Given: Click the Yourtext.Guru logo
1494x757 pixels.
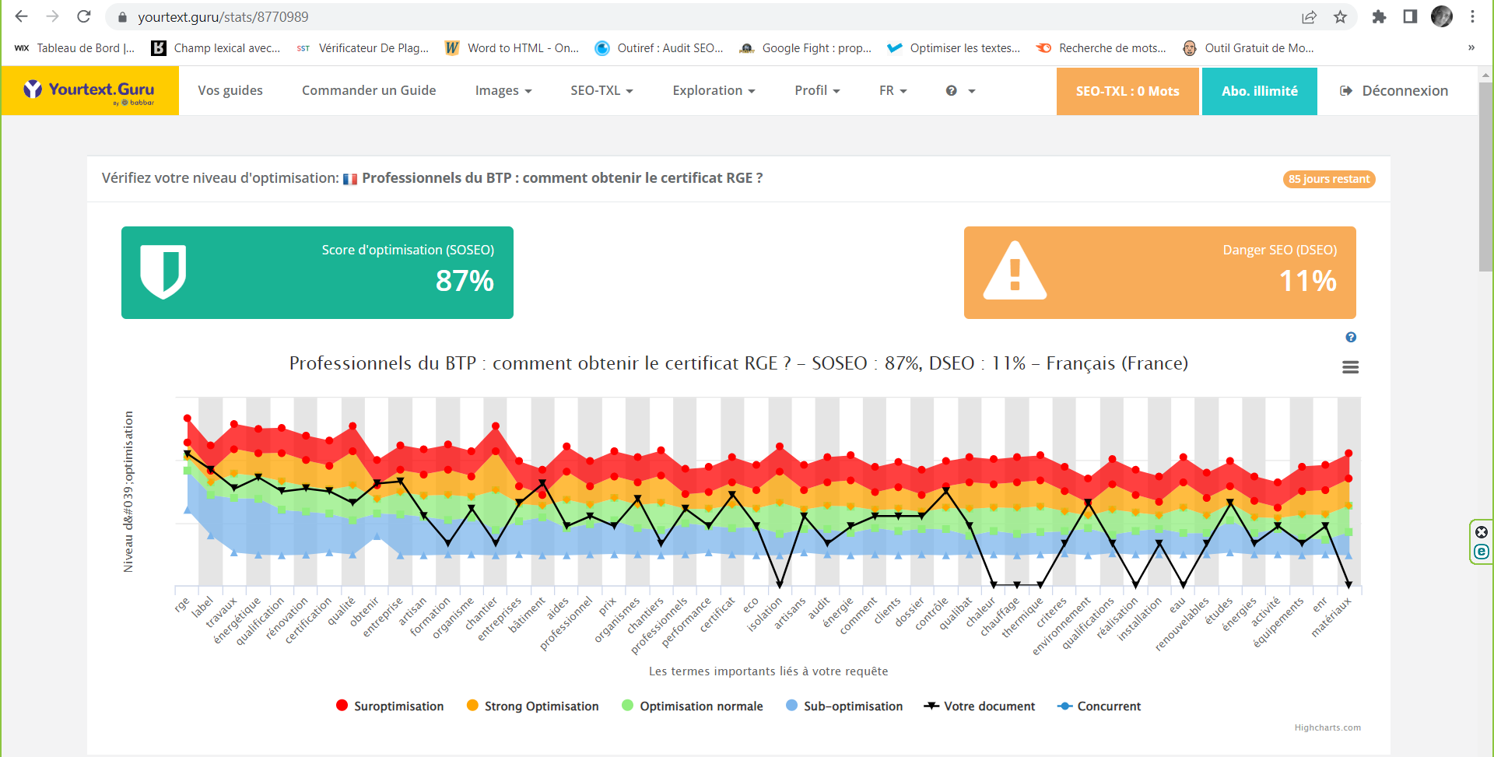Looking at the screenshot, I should [89, 91].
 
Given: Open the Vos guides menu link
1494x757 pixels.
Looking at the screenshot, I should [230, 91].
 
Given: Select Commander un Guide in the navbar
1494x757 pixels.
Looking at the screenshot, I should [369, 91].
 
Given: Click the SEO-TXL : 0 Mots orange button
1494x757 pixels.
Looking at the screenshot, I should [1127, 91].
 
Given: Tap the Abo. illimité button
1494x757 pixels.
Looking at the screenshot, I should [1259, 91].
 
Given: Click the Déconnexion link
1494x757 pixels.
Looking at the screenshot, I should [1394, 91].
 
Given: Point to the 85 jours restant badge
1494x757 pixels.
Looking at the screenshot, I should [1328, 180].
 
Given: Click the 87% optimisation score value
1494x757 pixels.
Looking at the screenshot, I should [465, 281].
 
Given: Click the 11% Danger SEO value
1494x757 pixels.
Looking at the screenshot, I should [1307, 281].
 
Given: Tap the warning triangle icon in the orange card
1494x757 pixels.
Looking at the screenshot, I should [1015, 272].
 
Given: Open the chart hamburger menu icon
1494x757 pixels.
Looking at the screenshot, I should [1350, 367].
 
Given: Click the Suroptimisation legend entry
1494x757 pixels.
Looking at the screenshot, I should [390, 706].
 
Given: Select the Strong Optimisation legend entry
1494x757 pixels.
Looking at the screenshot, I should [533, 706].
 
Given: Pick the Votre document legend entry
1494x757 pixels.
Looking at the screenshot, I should [980, 706].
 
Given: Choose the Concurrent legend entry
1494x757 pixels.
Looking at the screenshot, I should [1099, 706].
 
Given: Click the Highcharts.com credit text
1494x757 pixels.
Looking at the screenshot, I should [1327, 728].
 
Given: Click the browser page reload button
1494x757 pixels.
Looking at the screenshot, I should [84, 16].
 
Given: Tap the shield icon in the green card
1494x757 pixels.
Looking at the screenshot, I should [163, 272].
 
